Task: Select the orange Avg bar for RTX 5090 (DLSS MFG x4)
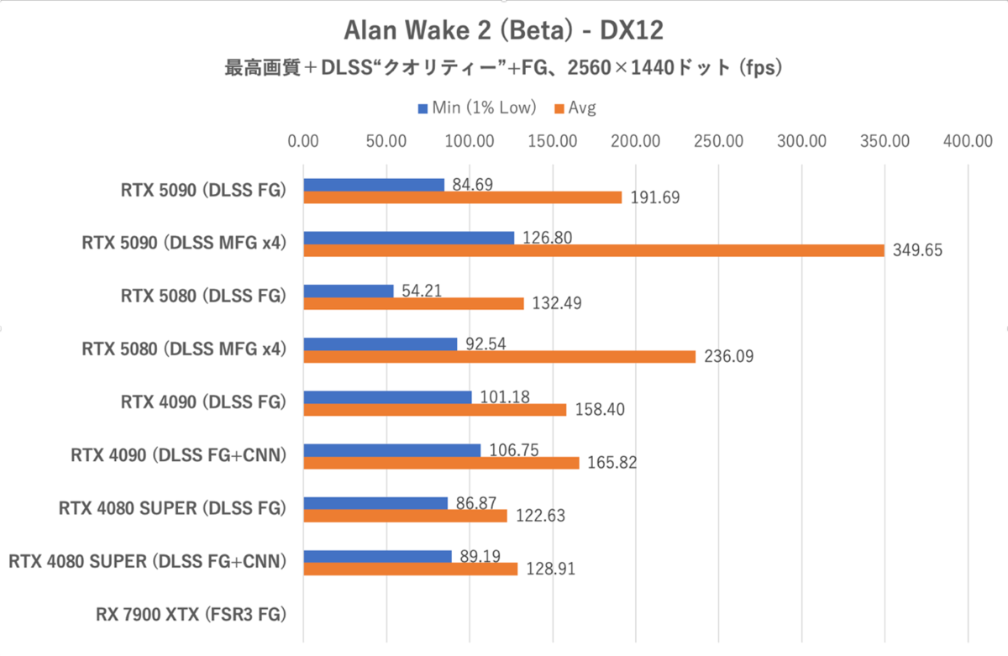pyautogui.click(x=593, y=250)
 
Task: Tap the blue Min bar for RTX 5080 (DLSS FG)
pyautogui.click(x=349, y=291)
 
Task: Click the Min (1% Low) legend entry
pyautogui.click(x=475, y=108)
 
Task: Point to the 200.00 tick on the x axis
pyautogui.click(x=636, y=141)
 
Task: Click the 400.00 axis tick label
pyautogui.click(x=969, y=141)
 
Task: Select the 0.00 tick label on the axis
pyautogui.click(x=303, y=141)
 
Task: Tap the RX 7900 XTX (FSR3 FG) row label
pyautogui.click(x=191, y=615)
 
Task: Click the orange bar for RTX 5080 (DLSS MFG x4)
pyautogui.click(x=500, y=356)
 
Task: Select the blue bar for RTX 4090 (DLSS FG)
pyautogui.click(x=387, y=396)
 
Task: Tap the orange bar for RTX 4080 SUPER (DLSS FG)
pyautogui.click(x=405, y=516)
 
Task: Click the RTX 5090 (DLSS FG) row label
pyautogui.click(x=202, y=191)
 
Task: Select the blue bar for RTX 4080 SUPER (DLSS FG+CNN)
pyautogui.click(x=377, y=556)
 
